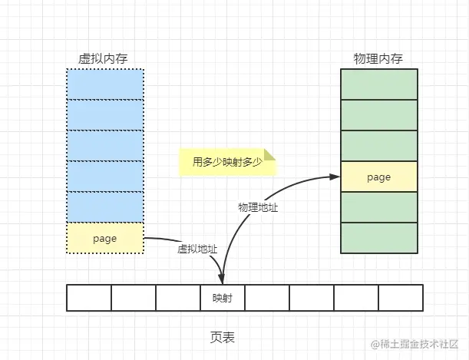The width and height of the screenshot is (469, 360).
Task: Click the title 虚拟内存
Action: click(x=103, y=58)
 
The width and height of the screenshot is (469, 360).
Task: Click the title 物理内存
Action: click(x=378, y=58)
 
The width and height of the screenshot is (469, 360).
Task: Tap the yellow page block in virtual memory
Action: click(x=105, y=238)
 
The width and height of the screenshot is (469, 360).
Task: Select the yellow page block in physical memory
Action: click(x=379, y=177)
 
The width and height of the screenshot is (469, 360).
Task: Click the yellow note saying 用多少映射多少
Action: click(x=227, y=162)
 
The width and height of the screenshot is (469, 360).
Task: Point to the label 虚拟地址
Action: click(x=197, y=249)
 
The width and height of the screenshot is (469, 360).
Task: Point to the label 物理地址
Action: click(x=258, y=207)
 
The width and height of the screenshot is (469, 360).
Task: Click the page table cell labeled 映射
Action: click(x=223, y=298)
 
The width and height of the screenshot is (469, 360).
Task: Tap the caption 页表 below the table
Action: click(x=223, y=337)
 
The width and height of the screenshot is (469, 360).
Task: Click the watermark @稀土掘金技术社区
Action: click(x=415, y=344)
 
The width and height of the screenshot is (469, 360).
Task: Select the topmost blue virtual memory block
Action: click(x=105, y=84)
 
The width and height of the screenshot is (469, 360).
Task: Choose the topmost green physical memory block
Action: click(x=379, y=84)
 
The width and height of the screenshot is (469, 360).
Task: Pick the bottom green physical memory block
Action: click(x=379, y=238)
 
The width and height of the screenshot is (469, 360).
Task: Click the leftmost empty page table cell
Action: click(x=89, y=298)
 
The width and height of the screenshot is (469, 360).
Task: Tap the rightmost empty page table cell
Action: click(x=401, y=298)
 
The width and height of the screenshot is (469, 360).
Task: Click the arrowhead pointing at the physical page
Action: click(x=335, y=177)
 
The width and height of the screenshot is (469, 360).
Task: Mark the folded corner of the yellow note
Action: click(x=269, y=154)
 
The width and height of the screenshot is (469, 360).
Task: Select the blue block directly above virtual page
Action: click(x=105, y=207)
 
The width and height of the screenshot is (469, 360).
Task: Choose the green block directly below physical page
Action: click(x=379, y=207)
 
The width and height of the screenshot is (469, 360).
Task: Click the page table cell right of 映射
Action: click(x=267, y=298)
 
